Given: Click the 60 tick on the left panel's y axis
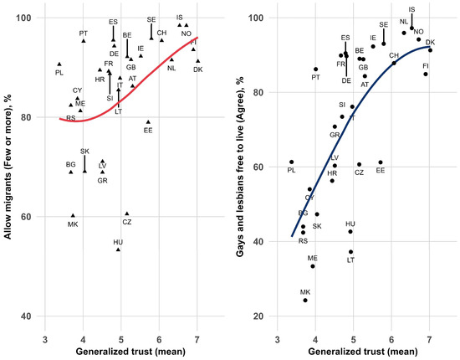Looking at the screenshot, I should (x=27, y=217).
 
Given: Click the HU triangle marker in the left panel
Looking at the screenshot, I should (x=118, y=249).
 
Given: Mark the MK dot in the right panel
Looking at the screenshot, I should (x=305, y=300).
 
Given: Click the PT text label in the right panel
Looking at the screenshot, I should (x=315, y=78).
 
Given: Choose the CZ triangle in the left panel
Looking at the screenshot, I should (x=126, y=213).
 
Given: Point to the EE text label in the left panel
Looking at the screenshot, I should (x=148, y=131).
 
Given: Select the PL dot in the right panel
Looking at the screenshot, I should (x=291, y=162).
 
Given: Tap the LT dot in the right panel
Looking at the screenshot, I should (x=351, y=251).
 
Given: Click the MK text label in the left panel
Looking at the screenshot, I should (x=73, y=224).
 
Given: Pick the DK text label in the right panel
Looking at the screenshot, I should (x=430, y=42).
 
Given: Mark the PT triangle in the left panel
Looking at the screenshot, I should (x=84, y=41).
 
